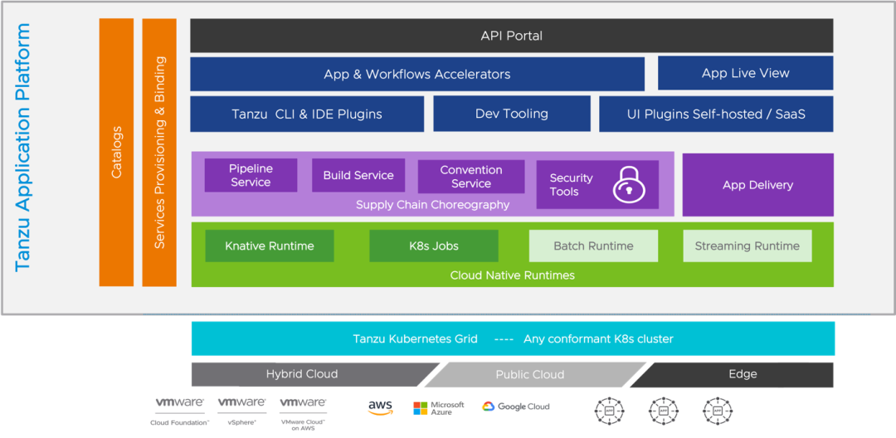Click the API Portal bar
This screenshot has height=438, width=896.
click(511, 36)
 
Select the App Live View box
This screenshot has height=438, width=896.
click(745, 73)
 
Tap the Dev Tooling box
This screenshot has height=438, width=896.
click(511, 114)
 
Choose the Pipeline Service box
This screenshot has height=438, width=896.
click(251, 175)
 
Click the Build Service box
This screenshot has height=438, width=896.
click(358, 175)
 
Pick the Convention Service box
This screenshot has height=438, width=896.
click(470, 176)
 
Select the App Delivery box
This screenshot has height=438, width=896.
click(757, 185)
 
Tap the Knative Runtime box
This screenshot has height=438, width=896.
click(270, 246)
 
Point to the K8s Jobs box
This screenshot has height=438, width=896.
click(433, 246)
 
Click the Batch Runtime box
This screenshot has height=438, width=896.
click(593, 246)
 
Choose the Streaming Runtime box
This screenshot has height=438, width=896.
click(747, 246)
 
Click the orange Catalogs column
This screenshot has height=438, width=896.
click(116, 153)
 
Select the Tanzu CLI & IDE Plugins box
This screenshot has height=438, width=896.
click(307, 114)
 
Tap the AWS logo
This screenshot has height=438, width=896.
click(380, 407)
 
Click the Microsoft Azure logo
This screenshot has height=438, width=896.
click(437, 407)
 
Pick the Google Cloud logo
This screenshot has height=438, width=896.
click(515, 406)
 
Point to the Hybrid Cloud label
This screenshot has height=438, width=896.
click(302, 374)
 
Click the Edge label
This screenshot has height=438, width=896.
click(743, 374)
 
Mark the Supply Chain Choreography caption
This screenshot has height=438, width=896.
click(432, 205)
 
